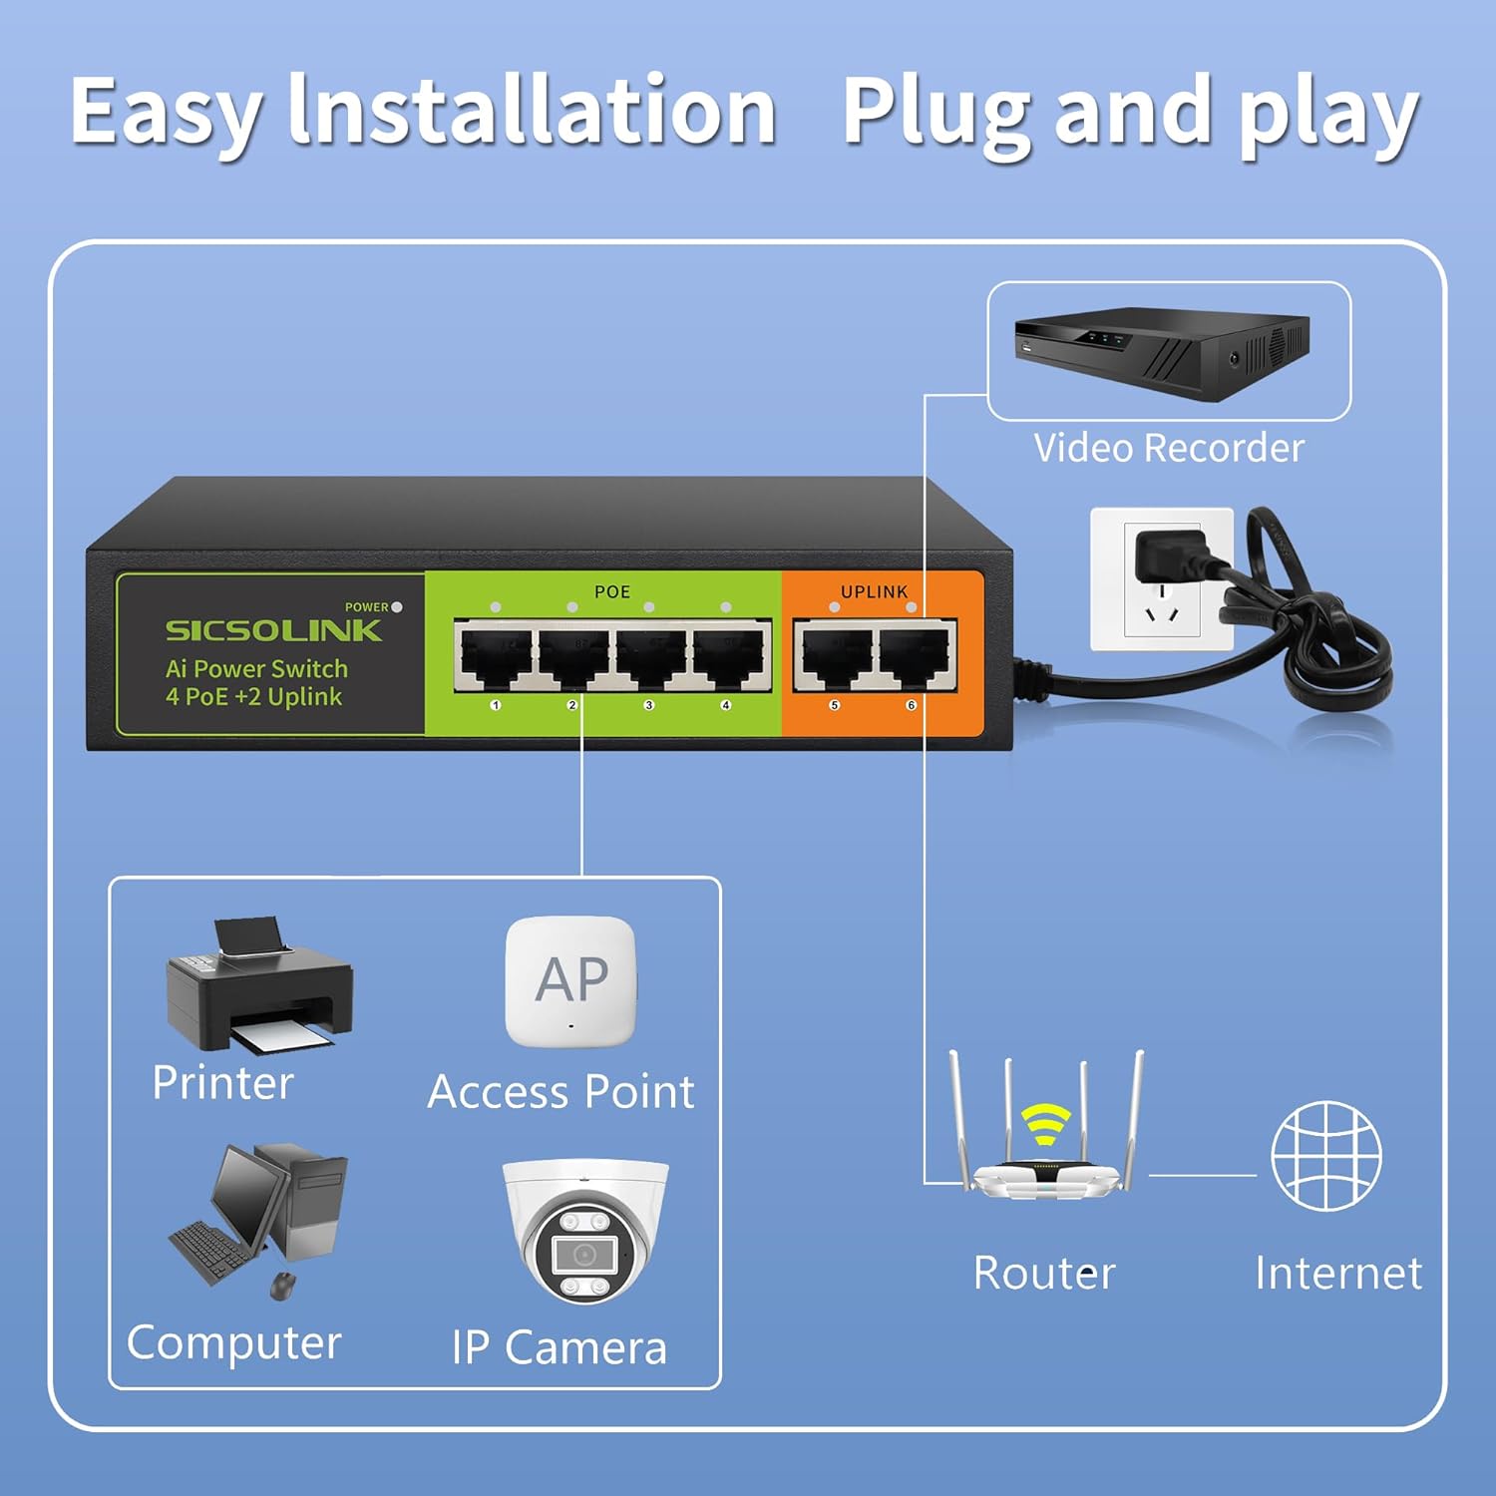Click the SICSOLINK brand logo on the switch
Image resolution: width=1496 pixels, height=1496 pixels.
(x=273, y=630)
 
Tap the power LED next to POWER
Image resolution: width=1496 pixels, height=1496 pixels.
(x=397, y=606)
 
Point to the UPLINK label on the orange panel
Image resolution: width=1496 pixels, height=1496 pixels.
(x=874, y=591)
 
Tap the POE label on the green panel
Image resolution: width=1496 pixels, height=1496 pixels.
(x=611, y=591)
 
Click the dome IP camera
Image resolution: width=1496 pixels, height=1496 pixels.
(x=584, y=1232)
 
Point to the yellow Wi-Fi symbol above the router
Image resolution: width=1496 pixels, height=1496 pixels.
(x=1045, y=1122)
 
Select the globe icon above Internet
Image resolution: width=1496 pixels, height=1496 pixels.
(x=1326, y=1155)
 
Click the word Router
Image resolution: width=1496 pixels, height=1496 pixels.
(x=1043, y=1273)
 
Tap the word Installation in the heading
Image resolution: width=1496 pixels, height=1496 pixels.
(x=532, y=112)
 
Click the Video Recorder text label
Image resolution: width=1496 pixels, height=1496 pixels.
(x=1168, y=448)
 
